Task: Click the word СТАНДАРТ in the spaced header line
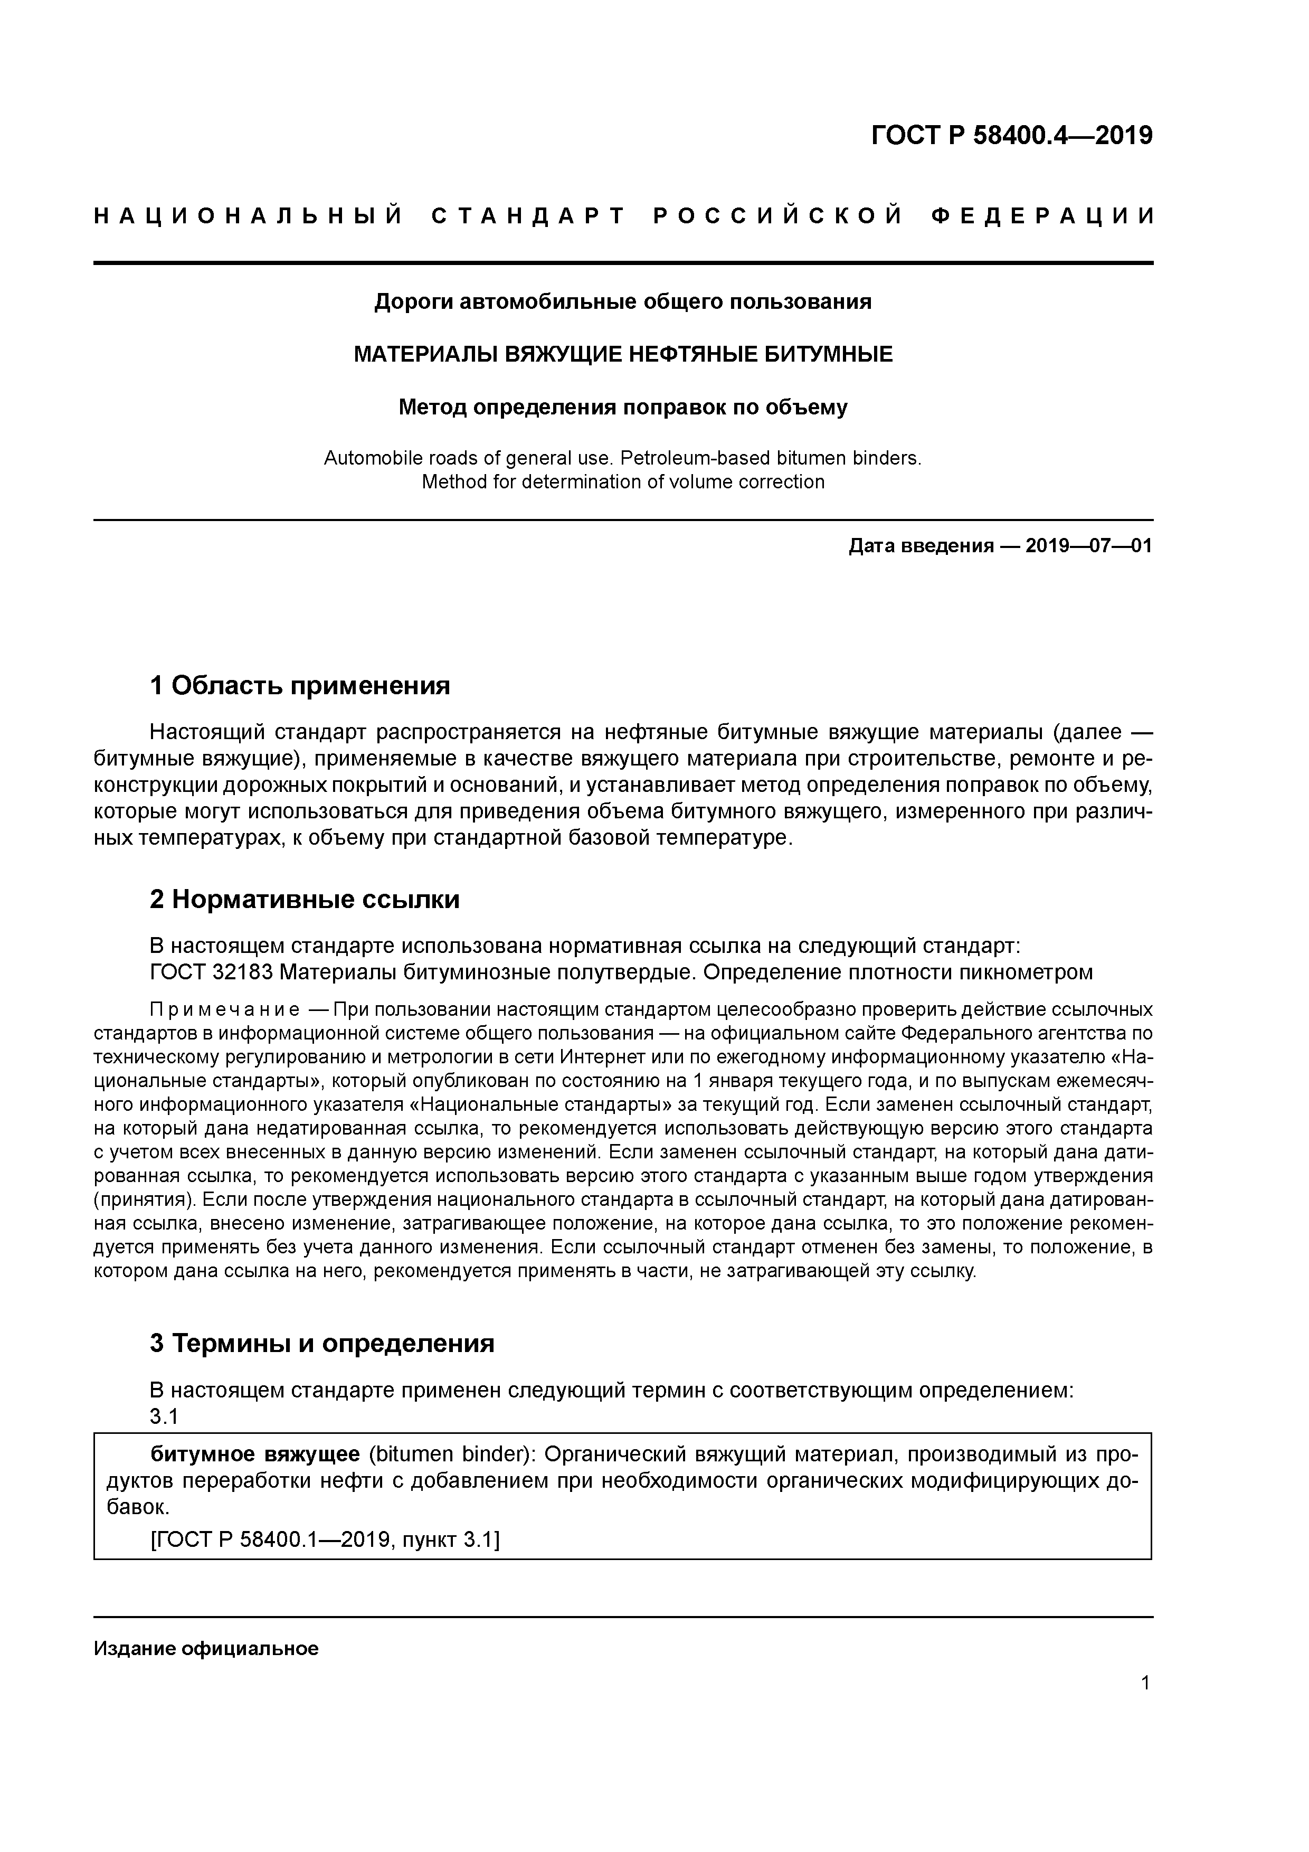[528, 216]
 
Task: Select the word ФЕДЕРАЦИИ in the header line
[1043, 216]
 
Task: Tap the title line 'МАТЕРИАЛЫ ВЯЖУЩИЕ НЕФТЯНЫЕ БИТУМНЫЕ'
[623, 354]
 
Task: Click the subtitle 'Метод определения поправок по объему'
[623, 408]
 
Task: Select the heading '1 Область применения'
[299, 686]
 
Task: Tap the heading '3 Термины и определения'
[322, 1343]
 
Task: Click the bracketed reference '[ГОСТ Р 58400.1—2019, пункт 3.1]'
[325, 1540]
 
